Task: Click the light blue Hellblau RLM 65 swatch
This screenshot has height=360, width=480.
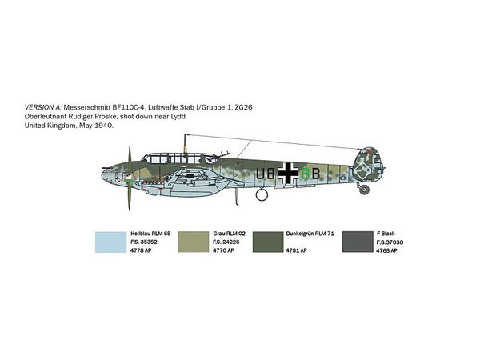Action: (110, 242)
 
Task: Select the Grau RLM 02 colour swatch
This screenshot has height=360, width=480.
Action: (193, 242)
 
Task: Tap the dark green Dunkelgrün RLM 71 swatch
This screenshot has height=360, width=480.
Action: (268, 242)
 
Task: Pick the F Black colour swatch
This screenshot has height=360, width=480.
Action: (358, 242)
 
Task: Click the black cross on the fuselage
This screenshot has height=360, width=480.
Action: (288, 174)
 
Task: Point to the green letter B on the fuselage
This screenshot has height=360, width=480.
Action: (306, 174)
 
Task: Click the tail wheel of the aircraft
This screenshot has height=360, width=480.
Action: (364, 190)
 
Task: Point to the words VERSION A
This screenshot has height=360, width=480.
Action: (43, 107)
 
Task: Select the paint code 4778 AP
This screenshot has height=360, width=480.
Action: (141, 250)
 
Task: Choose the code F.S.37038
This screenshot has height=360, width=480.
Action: (390, 242)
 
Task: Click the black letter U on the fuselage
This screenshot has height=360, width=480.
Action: (260, 174)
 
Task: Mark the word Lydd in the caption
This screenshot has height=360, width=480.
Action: (178, 117)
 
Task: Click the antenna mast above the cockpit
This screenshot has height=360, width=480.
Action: (185, 143)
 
